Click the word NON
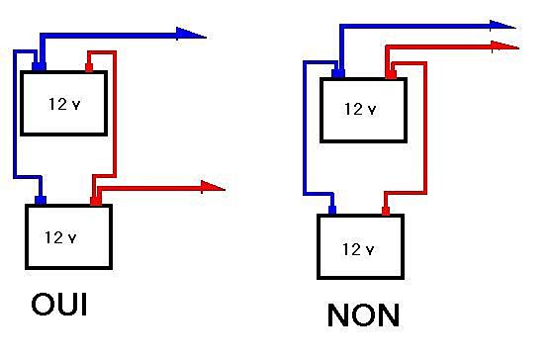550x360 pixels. [x=364, y=315]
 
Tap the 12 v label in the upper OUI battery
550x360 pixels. [x=64, y=103]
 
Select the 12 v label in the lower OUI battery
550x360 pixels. [x=62, y=237]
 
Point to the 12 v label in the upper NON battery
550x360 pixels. [x=360, y=109]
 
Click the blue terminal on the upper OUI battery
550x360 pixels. [x=39, y=67]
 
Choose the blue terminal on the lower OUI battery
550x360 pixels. [x=41, y=201]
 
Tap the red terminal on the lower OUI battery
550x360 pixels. [x=95, y=201]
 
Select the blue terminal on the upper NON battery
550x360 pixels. [x=338, y=73]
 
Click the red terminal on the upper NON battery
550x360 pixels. [x=390, y=73]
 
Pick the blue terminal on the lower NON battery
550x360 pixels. [x=332, y=210]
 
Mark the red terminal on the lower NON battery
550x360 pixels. [x=386, y=210]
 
